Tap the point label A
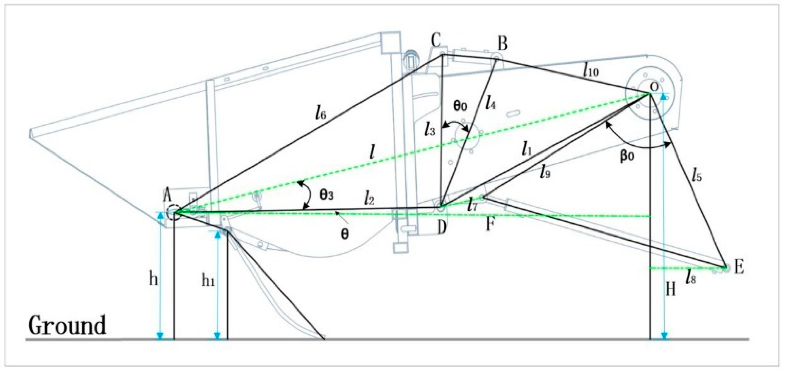(167, 196)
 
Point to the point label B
(502, 44)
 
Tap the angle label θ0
(460, 107)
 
